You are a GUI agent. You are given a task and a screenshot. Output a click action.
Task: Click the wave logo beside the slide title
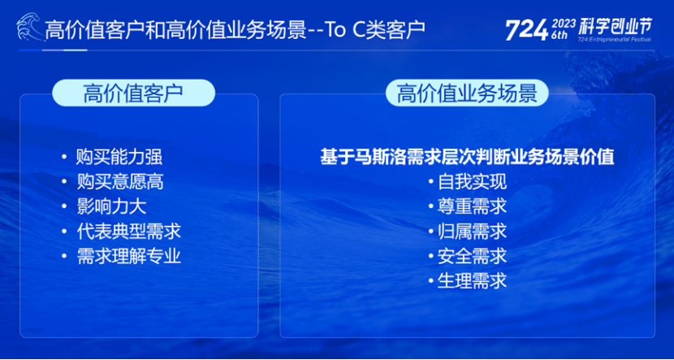click(29, 27)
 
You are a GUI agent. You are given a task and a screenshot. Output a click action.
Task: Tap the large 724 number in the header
click(526, 30)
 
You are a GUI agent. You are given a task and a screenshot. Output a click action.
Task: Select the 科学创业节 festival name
click(615, 27)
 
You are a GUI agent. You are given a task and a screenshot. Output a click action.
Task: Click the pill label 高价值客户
click(133, 93)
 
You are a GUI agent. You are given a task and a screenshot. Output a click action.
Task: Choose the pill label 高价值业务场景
click(467, 93)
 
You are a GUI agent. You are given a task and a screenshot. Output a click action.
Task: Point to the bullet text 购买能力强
click(119, 158)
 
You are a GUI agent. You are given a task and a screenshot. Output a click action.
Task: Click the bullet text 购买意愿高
click(119, 182)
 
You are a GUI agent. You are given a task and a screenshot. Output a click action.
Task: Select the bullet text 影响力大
click(111, 207)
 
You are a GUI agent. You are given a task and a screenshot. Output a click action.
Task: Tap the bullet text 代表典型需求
click(128, 232)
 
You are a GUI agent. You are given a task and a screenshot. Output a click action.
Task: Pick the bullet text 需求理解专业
click(128, 256)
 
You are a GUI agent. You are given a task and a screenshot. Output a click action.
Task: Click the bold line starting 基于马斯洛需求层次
click(467, 158)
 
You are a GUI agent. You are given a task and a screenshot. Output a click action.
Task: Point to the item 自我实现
click(472, 182)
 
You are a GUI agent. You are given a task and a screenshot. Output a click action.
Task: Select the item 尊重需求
click(472, 207)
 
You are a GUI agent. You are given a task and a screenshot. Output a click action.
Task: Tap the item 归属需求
click(472, 232)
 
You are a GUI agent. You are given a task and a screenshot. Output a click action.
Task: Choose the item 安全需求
click(472, 257)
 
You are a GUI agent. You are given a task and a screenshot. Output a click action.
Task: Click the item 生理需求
click(472, 281)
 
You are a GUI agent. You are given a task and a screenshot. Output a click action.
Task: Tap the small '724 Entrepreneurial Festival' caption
click(615, 40)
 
